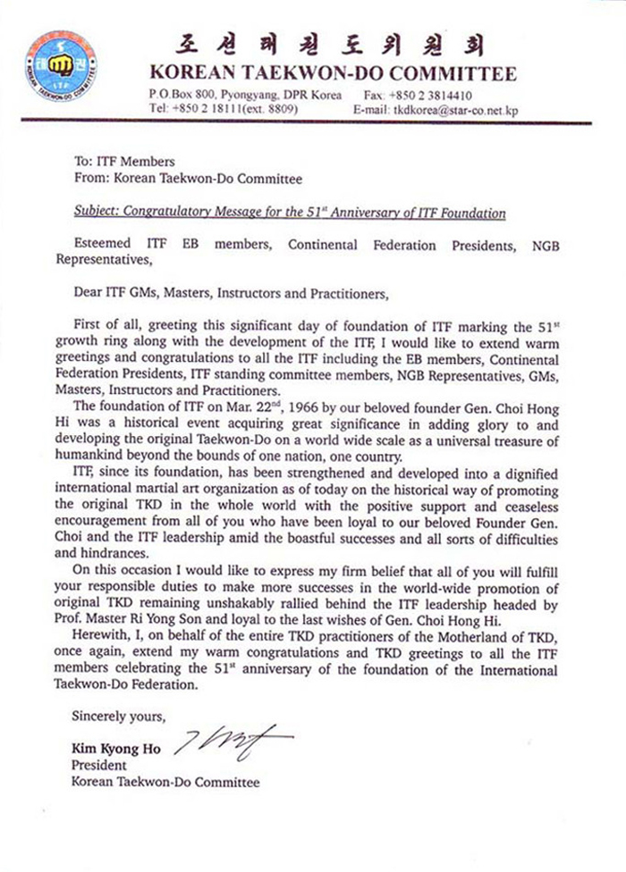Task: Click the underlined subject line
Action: pos(275,214)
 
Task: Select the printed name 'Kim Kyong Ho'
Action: pos(111,750)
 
